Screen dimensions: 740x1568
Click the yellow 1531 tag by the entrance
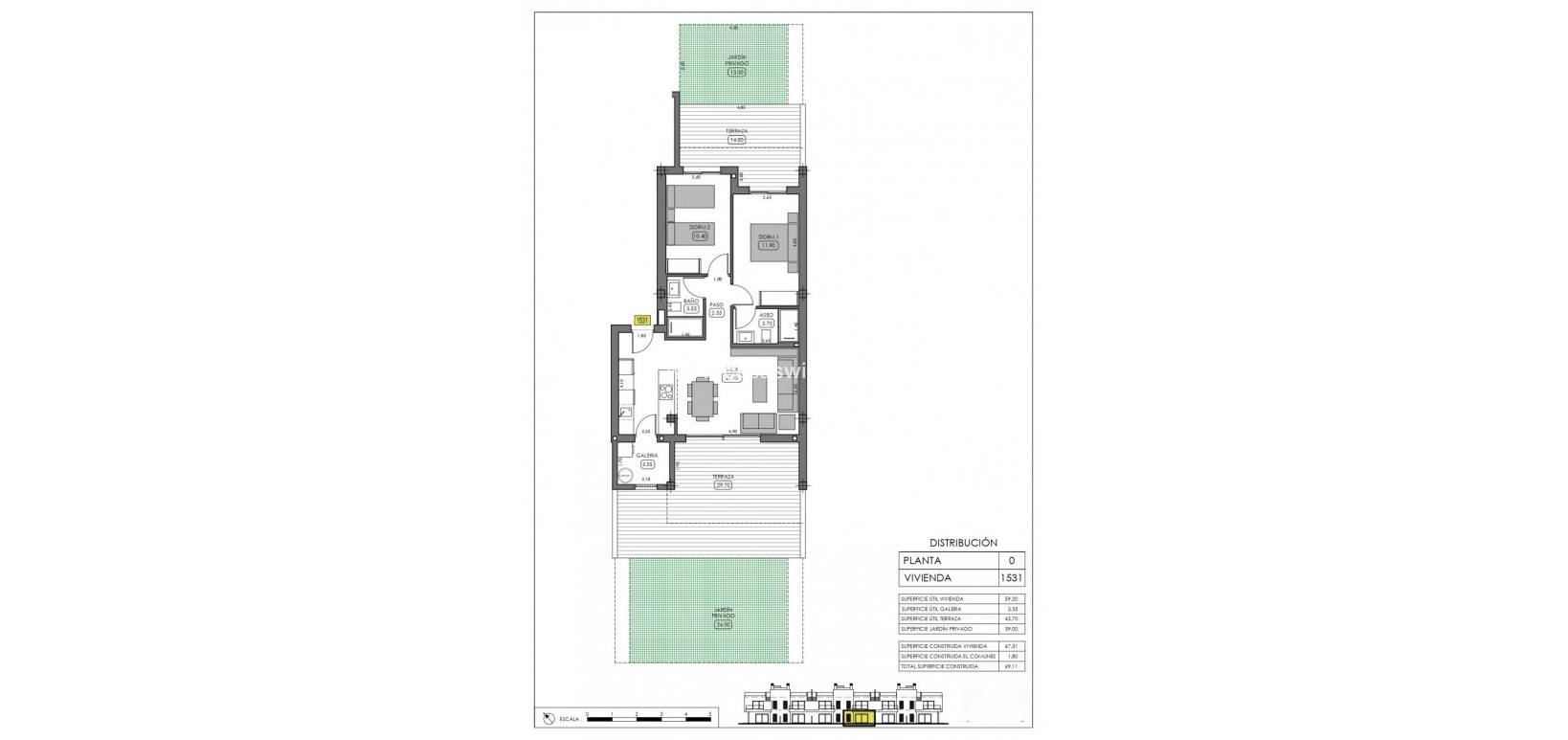[641, 322]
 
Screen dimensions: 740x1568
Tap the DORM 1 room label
[767, 237]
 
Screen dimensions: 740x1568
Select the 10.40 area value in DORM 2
[699, 235]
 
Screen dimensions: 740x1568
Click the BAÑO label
[690, 301]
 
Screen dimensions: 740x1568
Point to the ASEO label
[766, 315]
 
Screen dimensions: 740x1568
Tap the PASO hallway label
[716, 304]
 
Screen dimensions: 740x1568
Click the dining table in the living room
[701, 397]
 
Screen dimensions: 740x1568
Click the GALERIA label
[646, 456]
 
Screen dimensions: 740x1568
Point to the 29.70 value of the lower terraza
[723, 484]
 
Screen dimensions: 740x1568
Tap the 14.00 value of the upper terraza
[736, 140]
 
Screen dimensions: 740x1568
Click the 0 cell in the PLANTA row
[1011, 561]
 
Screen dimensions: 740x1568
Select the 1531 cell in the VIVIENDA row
[1011, 578]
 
